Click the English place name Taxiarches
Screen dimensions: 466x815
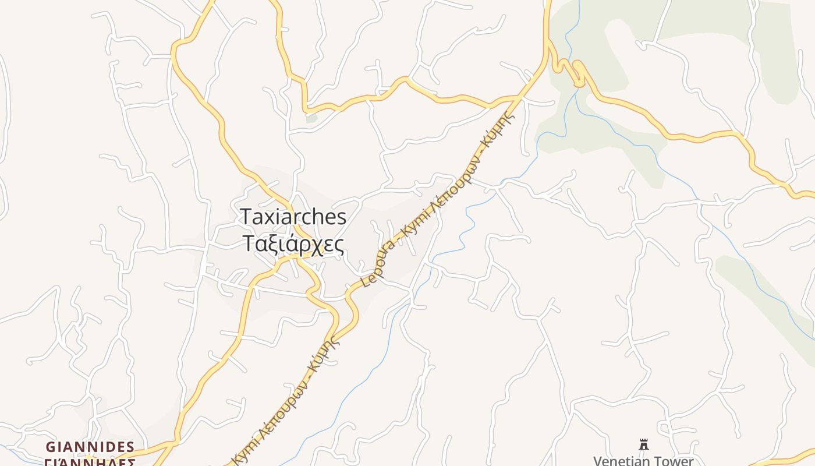(x=293, y=217)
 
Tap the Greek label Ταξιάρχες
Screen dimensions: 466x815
(x=293, y=243)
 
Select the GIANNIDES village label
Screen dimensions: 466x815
(x=90, y=447)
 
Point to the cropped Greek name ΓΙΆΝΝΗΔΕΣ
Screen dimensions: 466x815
(x=90, y=463)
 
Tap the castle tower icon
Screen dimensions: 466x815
(x=644, y=444)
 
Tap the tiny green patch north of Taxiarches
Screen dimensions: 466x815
(x=312, y=118)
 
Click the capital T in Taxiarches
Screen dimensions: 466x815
(x=246, y=217)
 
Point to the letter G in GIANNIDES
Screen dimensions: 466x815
(x=51, y=447)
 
